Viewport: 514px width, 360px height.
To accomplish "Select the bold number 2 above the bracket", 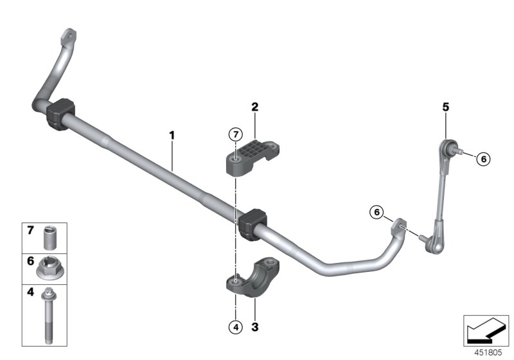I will coord(254,107).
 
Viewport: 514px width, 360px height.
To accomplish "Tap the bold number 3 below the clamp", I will coord(254,327).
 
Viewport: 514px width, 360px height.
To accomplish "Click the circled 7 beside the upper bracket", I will coord(236,134).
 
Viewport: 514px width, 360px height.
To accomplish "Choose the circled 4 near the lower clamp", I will coord(235,327).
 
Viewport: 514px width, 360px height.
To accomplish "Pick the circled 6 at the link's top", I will coord(484,158).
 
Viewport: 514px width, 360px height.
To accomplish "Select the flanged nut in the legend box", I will coord(49,268).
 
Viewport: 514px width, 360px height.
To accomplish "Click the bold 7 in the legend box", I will coord(30,230).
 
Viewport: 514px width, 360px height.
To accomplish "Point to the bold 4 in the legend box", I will coord(30,292).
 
